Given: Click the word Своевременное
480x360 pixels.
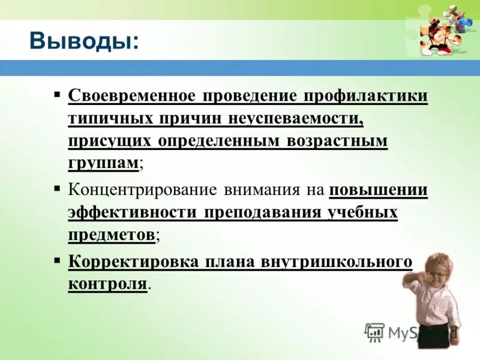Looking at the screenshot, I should [132, 96].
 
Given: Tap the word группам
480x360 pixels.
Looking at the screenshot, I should [104, 164].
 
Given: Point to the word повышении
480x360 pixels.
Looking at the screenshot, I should [378, 190].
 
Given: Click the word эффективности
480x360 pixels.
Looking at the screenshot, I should [133, 213].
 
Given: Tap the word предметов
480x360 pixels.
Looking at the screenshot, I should [112, 235].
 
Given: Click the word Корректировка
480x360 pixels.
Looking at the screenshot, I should [133, 262].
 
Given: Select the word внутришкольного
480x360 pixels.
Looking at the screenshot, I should [336, 262].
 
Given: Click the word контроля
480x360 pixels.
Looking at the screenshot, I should [107, 284].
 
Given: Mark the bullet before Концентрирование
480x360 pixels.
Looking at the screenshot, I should [57, 188].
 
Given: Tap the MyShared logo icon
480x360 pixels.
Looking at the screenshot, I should [374, 332].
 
